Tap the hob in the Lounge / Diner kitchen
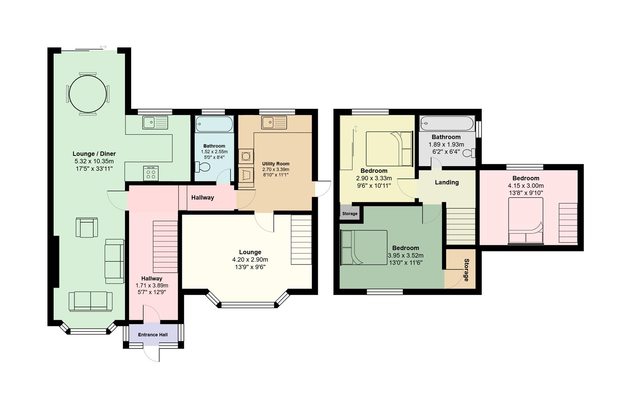click(151, 173)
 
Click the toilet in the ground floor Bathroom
click(203, 167)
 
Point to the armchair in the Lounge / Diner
click(87, 227)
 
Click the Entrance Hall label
click(153, 335)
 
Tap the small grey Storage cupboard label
click(350, 213)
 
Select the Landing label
click(446, 182)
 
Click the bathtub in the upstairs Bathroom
click(447, 124)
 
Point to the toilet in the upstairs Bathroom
click(469, 153)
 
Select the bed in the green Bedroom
click(364, 247)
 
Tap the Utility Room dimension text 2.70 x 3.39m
click(276, 169)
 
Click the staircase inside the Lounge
click(301, 239)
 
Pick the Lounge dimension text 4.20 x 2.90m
click(250, 260)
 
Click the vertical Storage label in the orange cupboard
click(466, 270)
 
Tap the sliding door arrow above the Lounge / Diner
click(103, 47)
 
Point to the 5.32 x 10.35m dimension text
click(94, 161)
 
